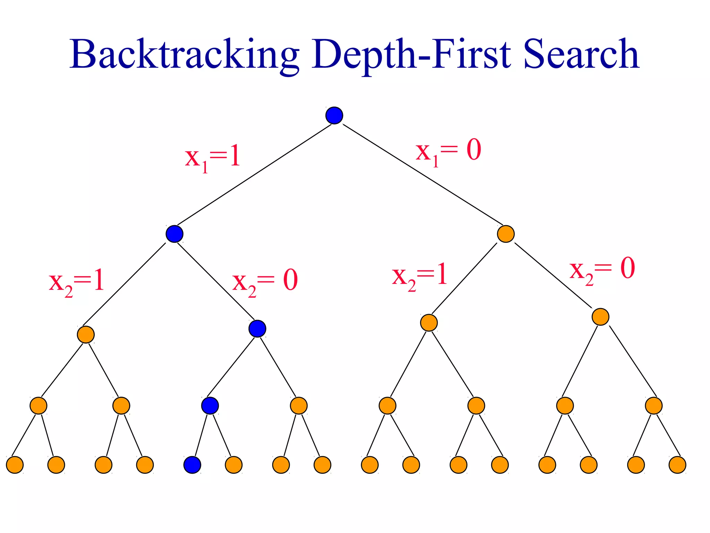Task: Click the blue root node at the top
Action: [334, 116]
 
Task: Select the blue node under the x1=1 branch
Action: [174, 234]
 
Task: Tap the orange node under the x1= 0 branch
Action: [505, 234]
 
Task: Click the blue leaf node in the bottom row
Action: [192, 465]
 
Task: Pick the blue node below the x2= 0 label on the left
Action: [257, 329]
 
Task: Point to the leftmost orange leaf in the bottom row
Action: [15, 465]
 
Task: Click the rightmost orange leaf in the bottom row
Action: [677, 465]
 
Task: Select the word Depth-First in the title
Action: [411, 55]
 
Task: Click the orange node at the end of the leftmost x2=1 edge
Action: [86, 335]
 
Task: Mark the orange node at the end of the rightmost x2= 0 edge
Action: [600, 316]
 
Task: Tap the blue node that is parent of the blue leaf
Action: [210, 405]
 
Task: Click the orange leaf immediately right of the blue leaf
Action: [234, 465]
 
